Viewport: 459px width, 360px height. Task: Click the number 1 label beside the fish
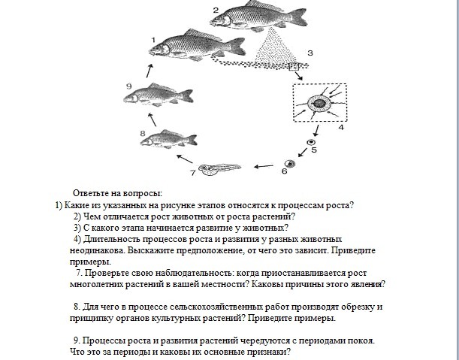(152, 40)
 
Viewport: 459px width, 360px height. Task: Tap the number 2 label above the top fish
(215, 9)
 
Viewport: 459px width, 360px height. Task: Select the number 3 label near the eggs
(310, 53)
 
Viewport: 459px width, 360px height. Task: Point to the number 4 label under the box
(340, 129)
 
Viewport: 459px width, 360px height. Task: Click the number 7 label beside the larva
(192, 172)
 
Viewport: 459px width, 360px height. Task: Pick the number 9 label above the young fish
(128, 86)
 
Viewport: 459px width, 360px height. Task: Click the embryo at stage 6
(288, 163)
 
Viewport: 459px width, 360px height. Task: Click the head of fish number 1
(162, 49)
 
